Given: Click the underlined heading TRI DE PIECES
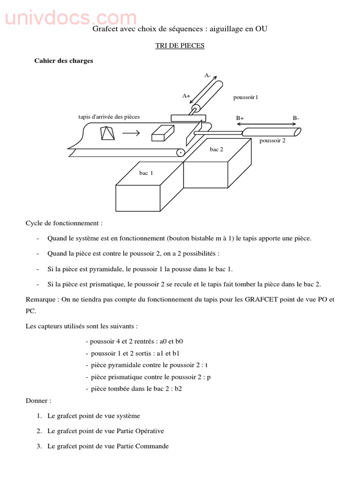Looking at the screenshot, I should pos(180,46).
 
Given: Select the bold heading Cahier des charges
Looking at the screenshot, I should pos(64,61).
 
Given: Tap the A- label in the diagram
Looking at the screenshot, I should pos(208,75).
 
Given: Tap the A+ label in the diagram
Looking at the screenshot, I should pos(186,96).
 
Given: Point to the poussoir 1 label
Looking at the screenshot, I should pos(246,97).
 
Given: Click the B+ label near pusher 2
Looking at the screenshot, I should pos(240,118).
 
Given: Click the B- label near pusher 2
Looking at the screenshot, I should pos(296,118).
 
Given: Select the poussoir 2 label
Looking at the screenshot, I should pos(272,140).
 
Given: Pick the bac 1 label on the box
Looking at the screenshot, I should pos(146,173).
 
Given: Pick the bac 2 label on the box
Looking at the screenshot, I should pos(217,150).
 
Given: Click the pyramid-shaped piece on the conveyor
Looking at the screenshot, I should pos(107,133).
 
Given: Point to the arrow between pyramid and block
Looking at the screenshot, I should pos(131,133).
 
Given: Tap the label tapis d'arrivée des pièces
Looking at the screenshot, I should pos(109,117).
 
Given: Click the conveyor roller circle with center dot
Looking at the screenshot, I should pos(180,152).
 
